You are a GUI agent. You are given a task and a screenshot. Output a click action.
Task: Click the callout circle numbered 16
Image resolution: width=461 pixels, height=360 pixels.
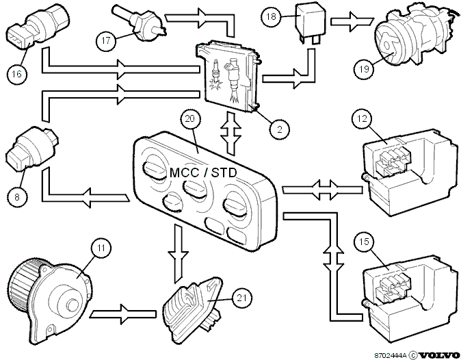17,73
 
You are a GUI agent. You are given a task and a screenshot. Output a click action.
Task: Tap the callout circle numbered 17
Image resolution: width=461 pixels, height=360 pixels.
105,40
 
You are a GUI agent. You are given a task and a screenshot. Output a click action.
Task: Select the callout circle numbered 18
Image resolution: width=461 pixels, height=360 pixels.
271,16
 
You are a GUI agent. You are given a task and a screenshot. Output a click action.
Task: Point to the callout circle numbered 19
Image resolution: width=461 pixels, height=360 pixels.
364,69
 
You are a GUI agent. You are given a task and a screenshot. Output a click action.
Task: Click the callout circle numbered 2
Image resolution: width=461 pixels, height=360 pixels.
279,129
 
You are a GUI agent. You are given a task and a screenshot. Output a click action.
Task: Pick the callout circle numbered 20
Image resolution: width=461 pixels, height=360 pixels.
190,118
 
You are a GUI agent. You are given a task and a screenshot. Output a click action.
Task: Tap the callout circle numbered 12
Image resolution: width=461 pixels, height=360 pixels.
363,118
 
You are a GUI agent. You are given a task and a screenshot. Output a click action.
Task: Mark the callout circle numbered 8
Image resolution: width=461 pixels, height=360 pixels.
17,196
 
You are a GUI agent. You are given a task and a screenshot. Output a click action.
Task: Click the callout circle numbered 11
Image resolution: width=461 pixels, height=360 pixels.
101,248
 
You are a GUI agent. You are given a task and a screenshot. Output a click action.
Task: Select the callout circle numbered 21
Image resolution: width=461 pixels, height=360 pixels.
241,298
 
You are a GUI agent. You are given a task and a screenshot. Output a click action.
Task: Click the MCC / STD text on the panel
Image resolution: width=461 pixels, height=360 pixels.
203,172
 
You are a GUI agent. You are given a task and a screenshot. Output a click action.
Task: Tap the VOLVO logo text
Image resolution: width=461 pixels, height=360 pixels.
438,355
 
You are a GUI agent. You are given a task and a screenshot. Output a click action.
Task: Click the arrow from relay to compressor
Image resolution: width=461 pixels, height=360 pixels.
352,21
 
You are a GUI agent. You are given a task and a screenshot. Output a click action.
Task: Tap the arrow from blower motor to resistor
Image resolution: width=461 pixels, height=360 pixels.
122,314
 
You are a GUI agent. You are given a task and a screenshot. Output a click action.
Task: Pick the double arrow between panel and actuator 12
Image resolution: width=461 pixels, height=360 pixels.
322,190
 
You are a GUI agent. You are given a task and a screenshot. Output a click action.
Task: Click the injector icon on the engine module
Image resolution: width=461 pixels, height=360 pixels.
235,80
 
